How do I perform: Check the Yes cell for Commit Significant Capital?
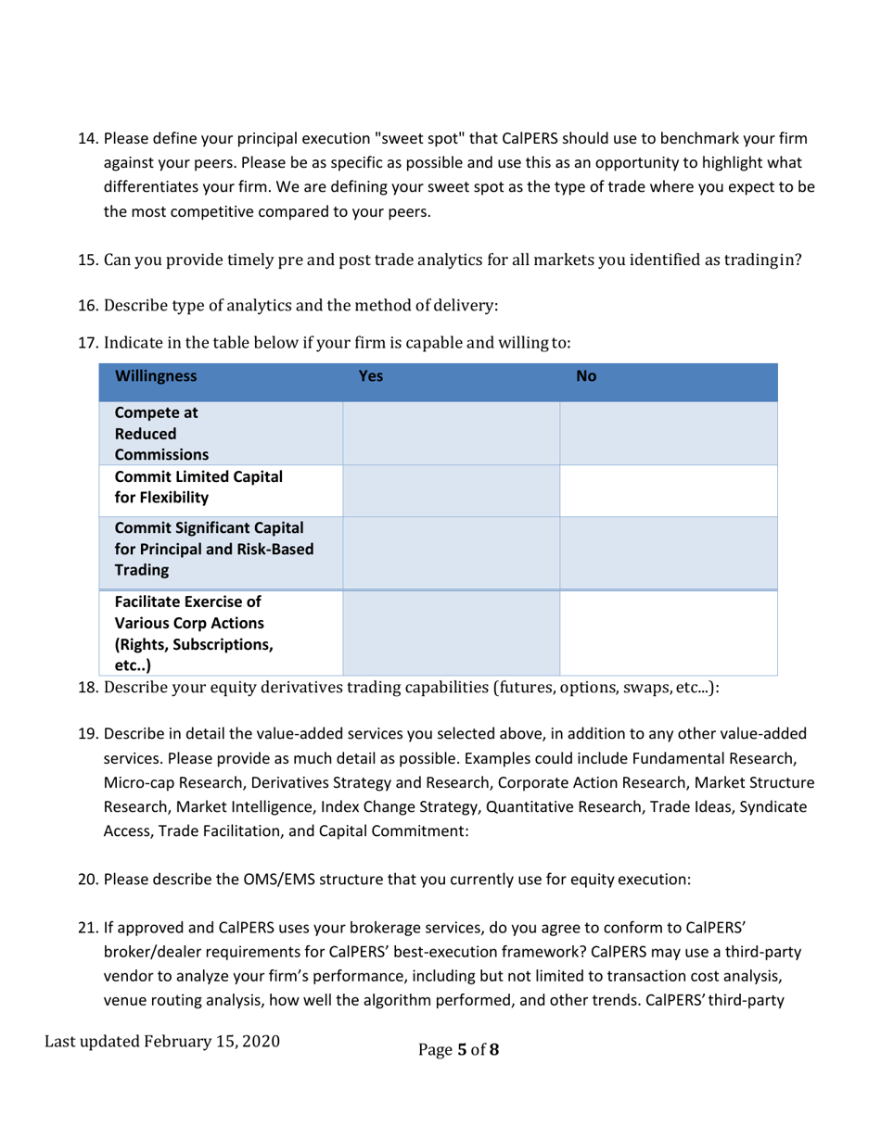click(x=452, y=552)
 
